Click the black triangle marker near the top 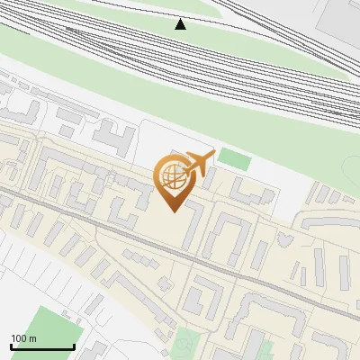coord(181,24)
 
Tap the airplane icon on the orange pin coord(195,165)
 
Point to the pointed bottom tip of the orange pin coord(171,211)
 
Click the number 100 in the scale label coord(18,338)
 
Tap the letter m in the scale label coord(32,338)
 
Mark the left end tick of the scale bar coord(11,346)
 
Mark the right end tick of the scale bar coord(74,346)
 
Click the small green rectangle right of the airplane coord(235,159)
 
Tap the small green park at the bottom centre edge coord(187,344)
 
